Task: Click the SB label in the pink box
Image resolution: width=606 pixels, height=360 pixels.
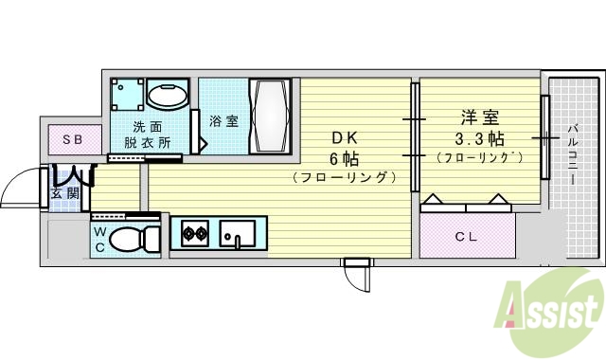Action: pyautogui.click(x=73, y=140)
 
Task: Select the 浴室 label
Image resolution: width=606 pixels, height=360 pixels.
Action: pyautogui.click(x=223, y=121)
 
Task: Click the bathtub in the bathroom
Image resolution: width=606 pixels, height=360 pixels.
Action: pyautogui.click(x=273, y=115)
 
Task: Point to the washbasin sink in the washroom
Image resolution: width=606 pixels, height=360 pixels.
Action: pyautogui.click(x=170, y=97)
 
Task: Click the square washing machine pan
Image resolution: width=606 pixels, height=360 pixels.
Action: pyautogui.click(x=127, y=96)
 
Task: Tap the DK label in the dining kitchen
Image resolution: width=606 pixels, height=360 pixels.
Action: pyautogui.click(x=343, y=136)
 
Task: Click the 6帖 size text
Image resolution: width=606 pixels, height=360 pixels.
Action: pyautogui.click(x=343, y=157)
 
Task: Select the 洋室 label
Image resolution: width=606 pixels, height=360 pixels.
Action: pyautogui.click(x=480, y=118)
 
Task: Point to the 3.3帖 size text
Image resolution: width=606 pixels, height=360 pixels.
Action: pyautogui.click(x=480, y=138)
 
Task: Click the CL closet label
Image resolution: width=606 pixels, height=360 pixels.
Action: pyautogui.click(x=466, y=236)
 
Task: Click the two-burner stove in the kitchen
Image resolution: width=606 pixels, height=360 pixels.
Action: pyautogui.click(x=194, y=233)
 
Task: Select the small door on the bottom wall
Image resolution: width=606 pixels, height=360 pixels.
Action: pyautogui.click(x=356, y=275)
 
